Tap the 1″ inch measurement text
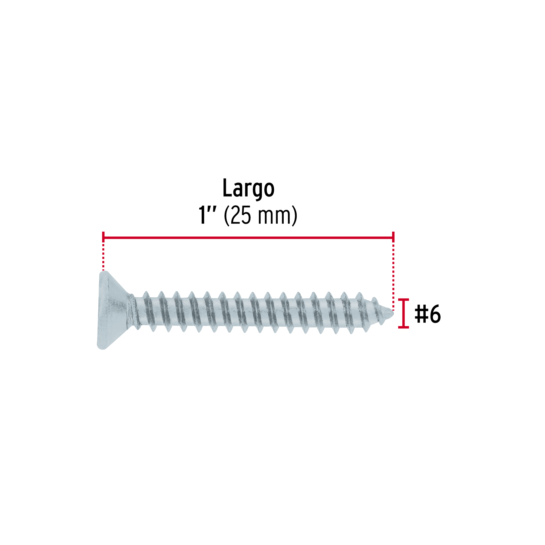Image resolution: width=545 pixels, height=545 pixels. coord(207,215)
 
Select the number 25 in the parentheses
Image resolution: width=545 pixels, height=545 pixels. coord(241,216)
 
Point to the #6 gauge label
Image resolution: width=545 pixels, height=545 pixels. coord(428,314)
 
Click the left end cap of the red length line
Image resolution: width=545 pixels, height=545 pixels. coord(103,237)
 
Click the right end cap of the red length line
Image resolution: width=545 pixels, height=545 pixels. coord(393,237)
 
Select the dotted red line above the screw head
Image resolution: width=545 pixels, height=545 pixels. coord(103,256)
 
